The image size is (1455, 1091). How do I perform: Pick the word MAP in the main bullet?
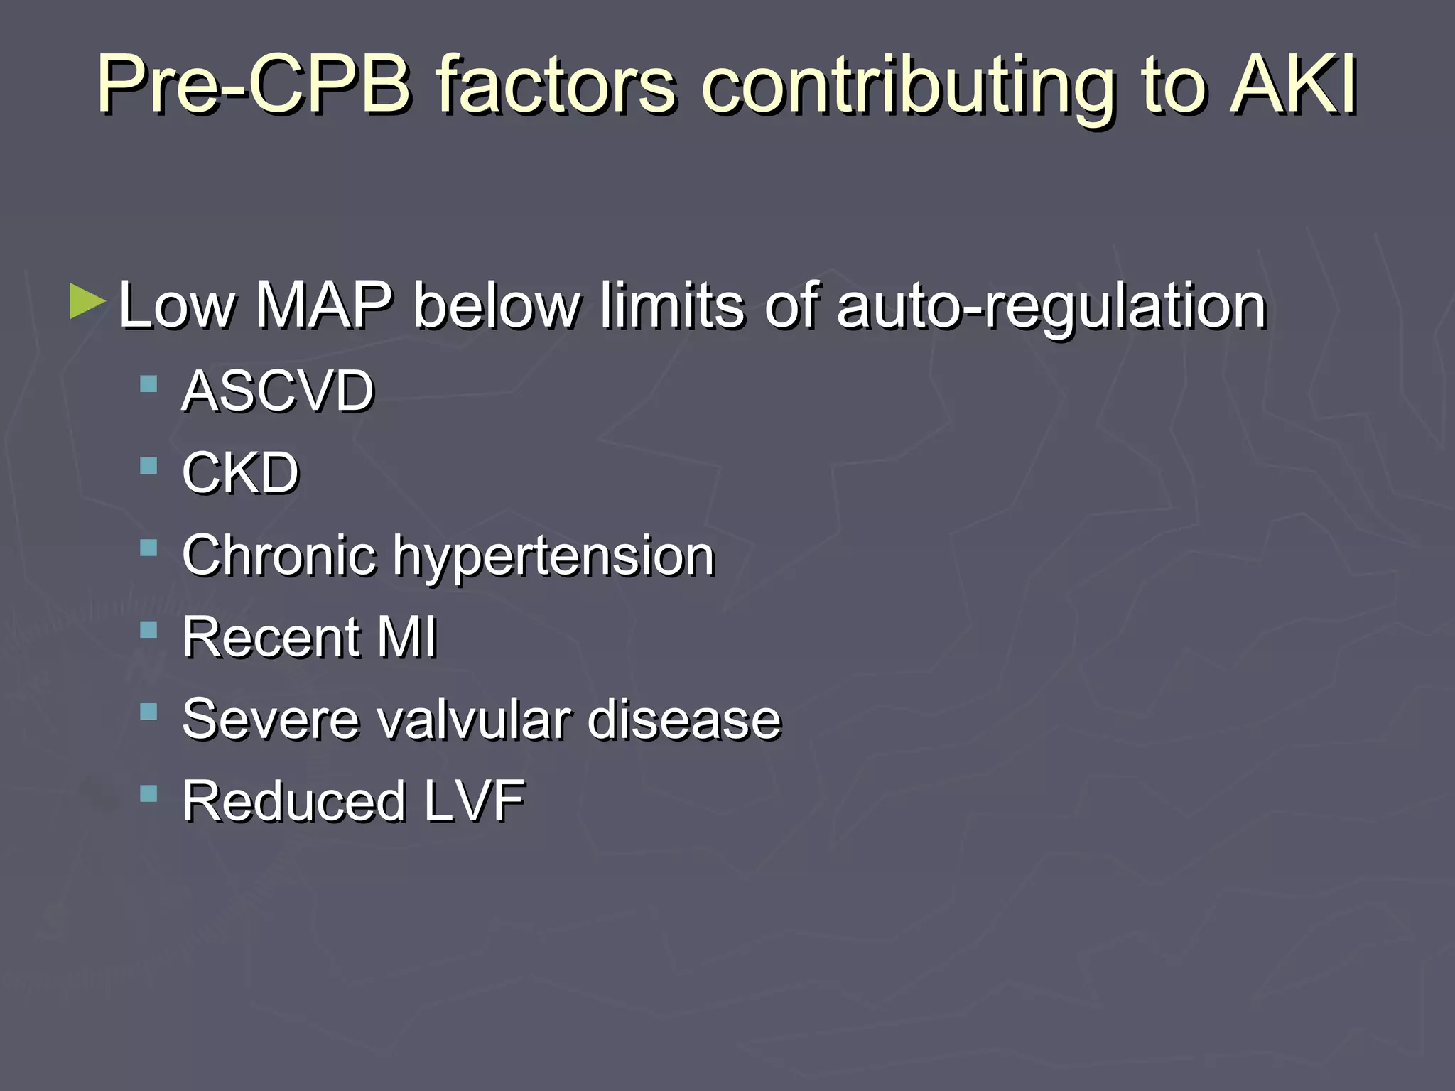tap(323, 305)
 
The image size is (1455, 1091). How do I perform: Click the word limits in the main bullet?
tap(671, 305)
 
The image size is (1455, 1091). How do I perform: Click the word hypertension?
tap(554, 556)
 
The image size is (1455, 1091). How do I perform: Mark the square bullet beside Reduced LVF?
tap(148, 793)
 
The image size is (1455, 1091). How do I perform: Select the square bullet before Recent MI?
tap(148, 630)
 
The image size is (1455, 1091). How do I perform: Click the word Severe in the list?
tap(270, 719)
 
